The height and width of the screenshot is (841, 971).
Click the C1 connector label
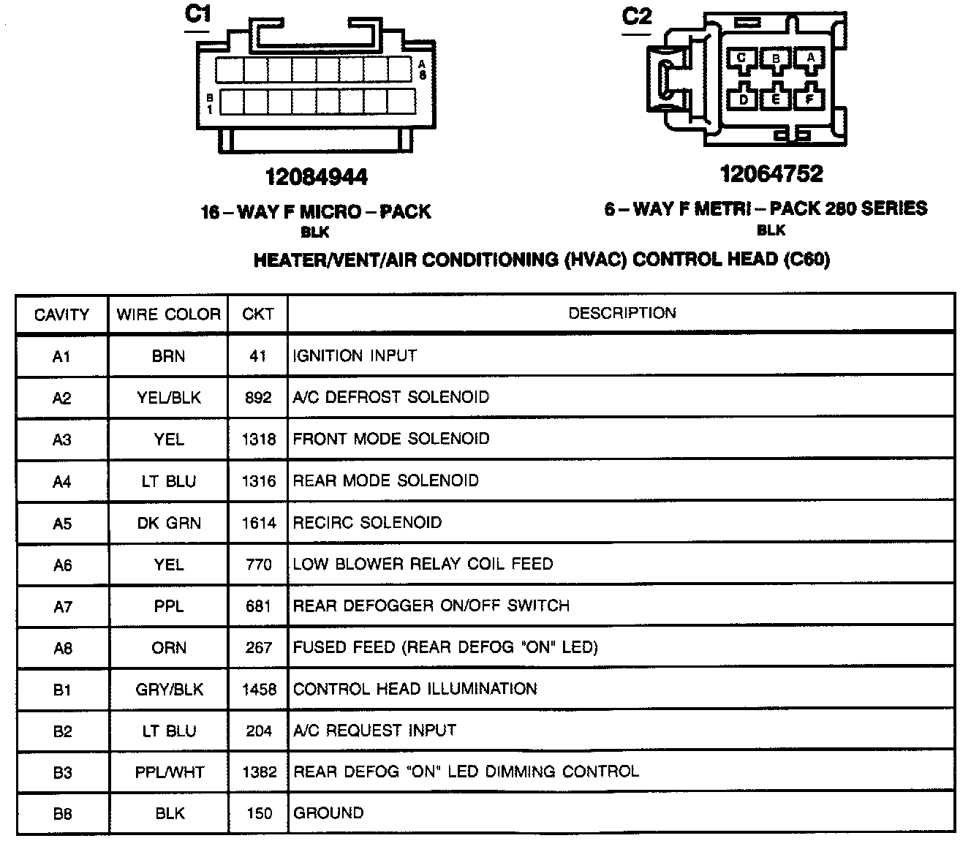tap(197, 14)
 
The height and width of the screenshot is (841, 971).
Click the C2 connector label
tap(635, 15)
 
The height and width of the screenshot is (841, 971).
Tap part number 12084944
tap(316, 177)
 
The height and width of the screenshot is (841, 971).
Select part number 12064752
tap(771, 174)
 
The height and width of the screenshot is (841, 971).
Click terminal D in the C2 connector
tap(744, 99)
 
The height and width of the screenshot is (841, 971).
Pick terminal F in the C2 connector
tap(809, 98)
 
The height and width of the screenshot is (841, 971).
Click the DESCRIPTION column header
tap(622, 313)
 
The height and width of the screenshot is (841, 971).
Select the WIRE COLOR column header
tap(168, 314)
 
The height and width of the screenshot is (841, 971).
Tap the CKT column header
tap(258, 314)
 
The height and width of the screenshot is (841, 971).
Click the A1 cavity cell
tap(62, 356)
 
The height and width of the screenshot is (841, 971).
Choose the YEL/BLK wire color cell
tap(168, 398)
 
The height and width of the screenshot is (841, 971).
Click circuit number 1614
tap(259, 523)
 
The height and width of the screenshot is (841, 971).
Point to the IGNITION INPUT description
tap(355, 356)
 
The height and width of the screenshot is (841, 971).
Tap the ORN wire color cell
tap(169, 648)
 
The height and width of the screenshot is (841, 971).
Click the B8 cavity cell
tap(62, 813)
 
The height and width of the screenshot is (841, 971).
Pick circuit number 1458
tap(259, 690)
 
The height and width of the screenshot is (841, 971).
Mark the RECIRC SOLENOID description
tap(367, 523)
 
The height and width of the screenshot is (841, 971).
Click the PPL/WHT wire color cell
tap(170, 772)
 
